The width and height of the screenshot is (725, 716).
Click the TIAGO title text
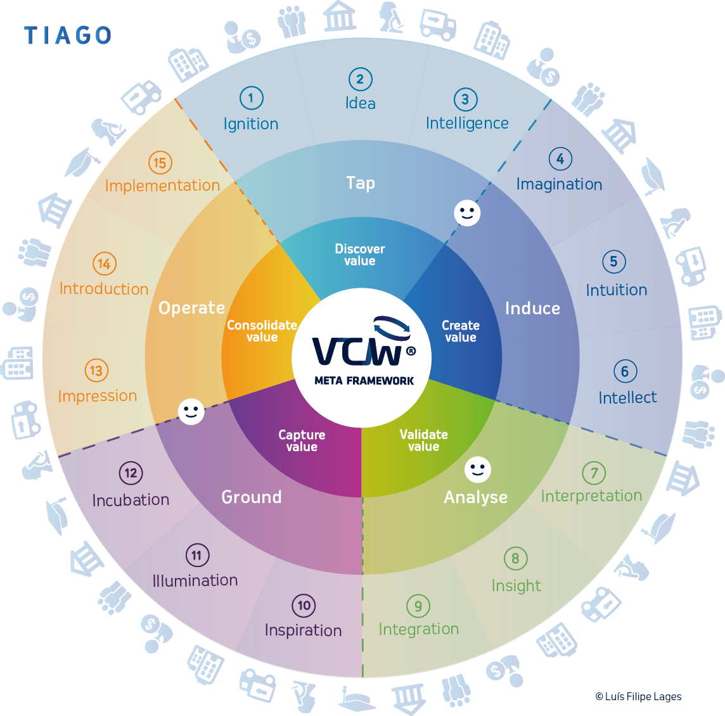(68, 35)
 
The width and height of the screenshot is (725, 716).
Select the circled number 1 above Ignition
(251, 98)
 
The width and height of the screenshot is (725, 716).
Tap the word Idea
(360, 103)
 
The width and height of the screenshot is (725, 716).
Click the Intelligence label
(467, 123)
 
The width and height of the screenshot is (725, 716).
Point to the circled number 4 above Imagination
(560, 159)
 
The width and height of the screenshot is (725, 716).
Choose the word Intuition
(616, 290)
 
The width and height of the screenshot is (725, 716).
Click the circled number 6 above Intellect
(625, 371)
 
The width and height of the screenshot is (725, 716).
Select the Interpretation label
(591, 495)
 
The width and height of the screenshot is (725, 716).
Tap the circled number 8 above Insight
(515, 558)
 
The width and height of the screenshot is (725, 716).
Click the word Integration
(418, 629)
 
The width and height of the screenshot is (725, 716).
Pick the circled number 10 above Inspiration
(304, 606)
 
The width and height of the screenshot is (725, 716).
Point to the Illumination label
(195, 580)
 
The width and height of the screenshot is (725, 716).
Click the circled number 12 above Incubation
(131, 473)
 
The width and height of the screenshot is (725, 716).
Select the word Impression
(98, 396)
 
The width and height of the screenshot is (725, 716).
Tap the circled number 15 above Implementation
(160, 163)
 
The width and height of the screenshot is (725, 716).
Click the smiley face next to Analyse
(478, 470)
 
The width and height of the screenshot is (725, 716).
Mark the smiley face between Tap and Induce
(467, 213)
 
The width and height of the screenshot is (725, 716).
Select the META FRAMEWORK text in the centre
(364, 381)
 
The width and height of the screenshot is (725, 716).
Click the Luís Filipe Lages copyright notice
(638, 697)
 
